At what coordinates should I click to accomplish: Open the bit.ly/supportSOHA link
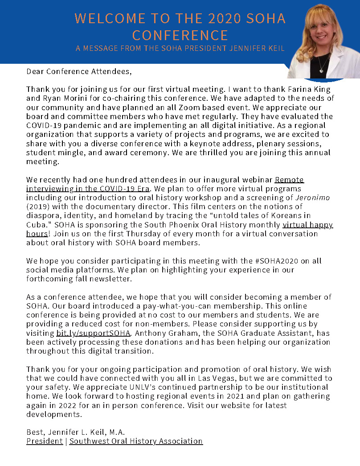pos(93,333)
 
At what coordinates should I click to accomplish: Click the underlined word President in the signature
pos(45,441)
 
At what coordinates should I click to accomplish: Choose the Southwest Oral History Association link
pos(136,441)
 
